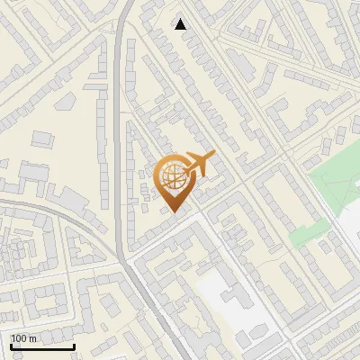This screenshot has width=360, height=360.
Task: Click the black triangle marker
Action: pyautogui.click(x=181, y=24)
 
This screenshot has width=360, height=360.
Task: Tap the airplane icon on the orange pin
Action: pyautogui.click(x=199, y=164)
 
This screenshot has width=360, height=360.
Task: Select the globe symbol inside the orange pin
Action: pyautogui.click(x=174, y=176)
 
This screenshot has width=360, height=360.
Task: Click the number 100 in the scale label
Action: pyautogui.click(x=19, y=338)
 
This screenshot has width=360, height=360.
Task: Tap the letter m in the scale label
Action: pyautogui.click(x=33, y=338)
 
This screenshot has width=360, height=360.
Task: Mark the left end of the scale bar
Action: pyautogui.click(x=11, y=346)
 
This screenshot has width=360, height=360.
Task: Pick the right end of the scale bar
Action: pyautogui.click(x=74, y=346)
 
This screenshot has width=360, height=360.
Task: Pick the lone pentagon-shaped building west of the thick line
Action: pyautogui.click(x=41, y=139)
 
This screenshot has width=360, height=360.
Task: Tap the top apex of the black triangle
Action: pyautogui.click(x=181, y=19)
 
